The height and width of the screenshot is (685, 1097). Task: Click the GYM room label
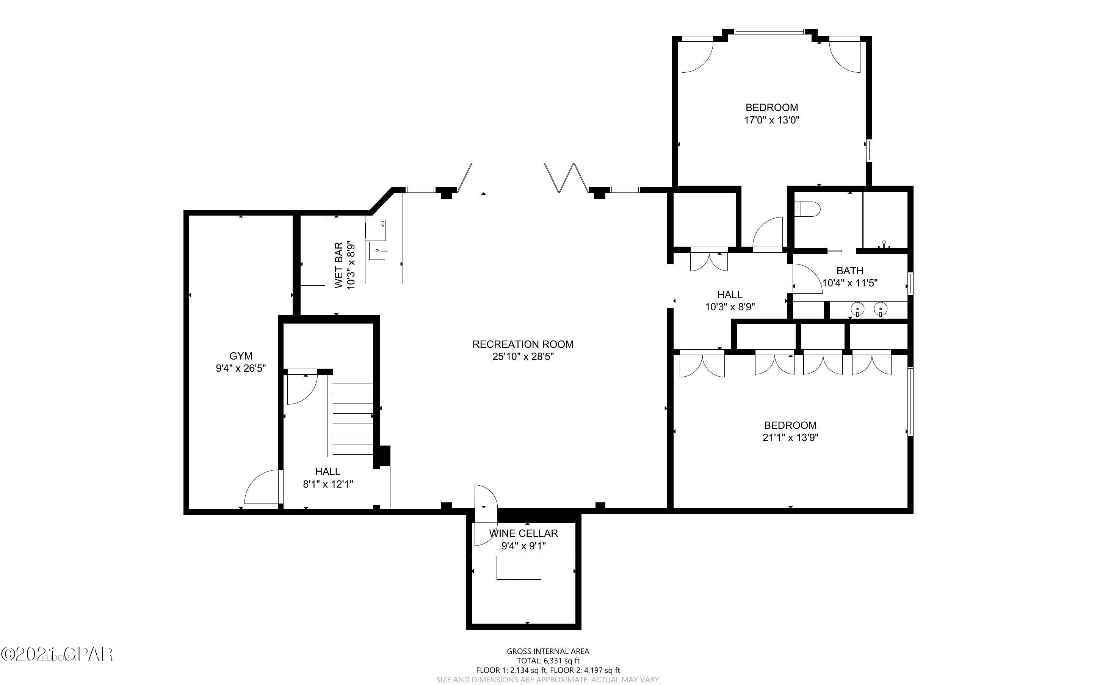(x=241, y=356)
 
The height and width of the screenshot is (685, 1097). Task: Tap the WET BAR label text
(x=339, y=266)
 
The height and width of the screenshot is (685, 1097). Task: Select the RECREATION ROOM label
(x=522, y=344)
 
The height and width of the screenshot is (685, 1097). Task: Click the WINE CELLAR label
(x=523, y=533)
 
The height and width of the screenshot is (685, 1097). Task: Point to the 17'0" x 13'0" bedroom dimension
(x=771, y=120)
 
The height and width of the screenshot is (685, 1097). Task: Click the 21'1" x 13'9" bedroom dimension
(x=790, y=438)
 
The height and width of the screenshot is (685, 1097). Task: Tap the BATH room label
(x=849, y=271)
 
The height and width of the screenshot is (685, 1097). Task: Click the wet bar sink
(x=377, y=250)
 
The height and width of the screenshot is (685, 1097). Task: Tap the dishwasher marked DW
(x=376, y=230)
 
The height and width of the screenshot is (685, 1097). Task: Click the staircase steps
(x=353, y=414)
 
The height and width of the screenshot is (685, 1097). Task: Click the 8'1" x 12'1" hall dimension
(x=328, y=484)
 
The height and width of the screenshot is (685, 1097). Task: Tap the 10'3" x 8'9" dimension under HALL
(x=730, y=307)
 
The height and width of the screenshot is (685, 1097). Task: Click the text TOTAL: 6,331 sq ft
(x=548, y=660)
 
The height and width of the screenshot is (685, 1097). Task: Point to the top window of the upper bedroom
(x=769, y=32)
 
